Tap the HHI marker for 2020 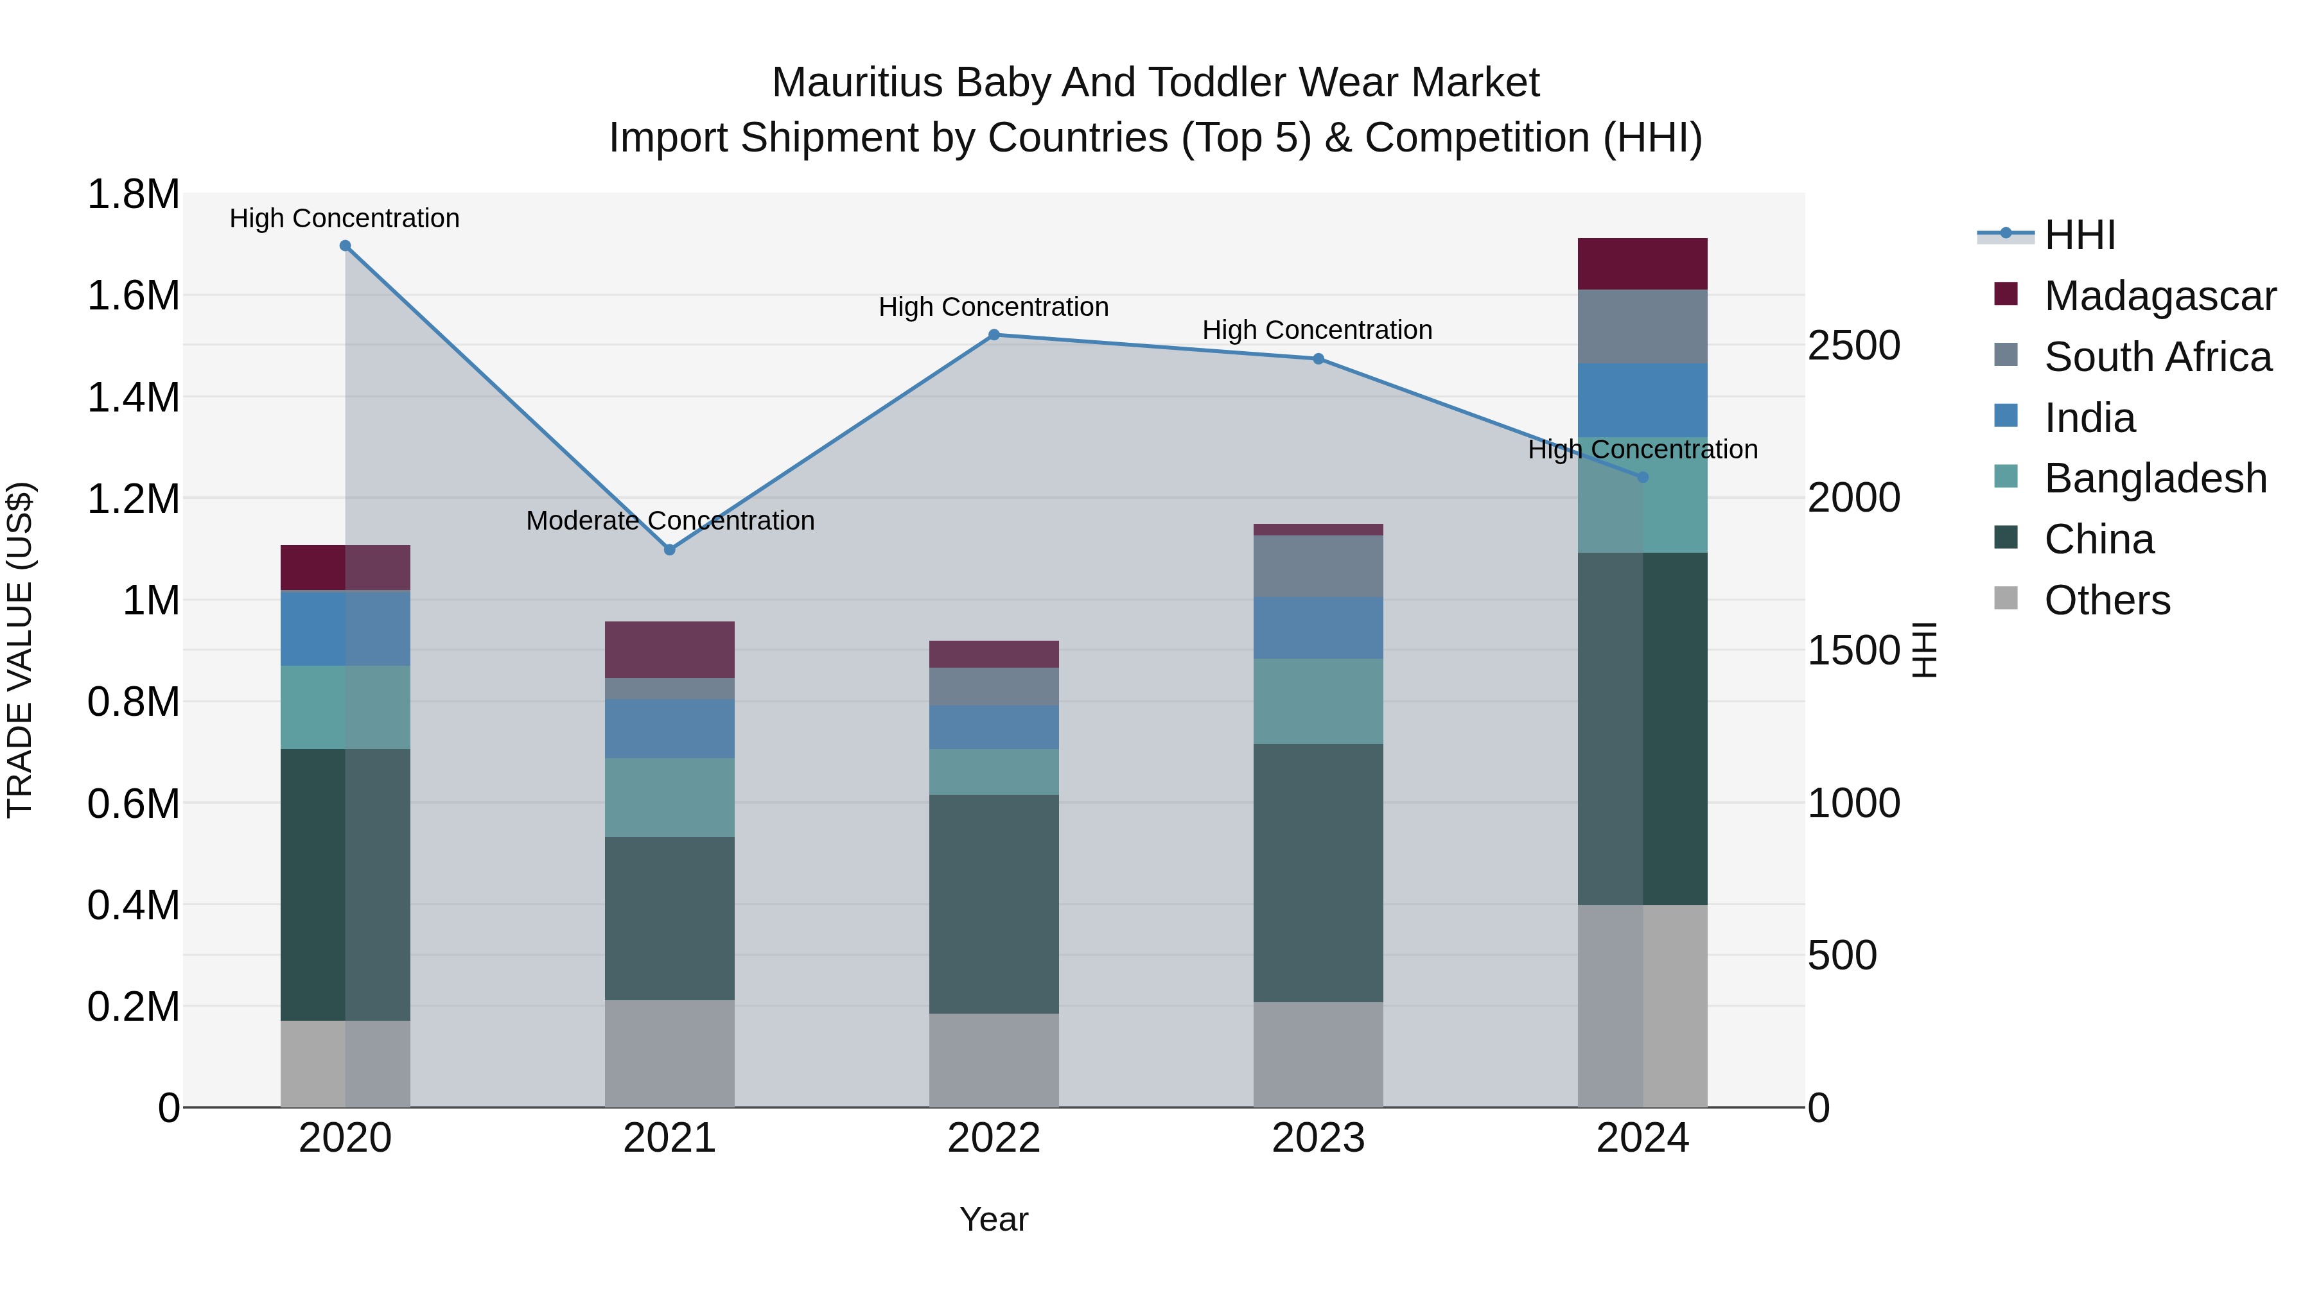pyautogui.click(x=346, y=246)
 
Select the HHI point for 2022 pyautogui.click(x=994, y=334)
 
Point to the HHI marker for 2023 pyautogui.click(x=1318, y=359)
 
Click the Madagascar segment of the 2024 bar pyautogui.click(x=1642, y=264)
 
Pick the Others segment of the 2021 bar pyautogui.click(x=670, y=1053)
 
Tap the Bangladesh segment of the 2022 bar pyautogui.click(x=994, y=772)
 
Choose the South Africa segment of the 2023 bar pyautogui.click(x=1318, y=566)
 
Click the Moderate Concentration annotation pyautogui.click(x=670, y=521)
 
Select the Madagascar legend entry pyautogui.click(x=2159, y=296)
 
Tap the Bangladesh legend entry pyautogui.click(x=2155, y=478)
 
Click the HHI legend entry pyautogui.click(x=2080, y=235)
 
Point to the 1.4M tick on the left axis pyautogui.click(x=134, y=397)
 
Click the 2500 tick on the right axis pyautogui.click(x=1853, y=346)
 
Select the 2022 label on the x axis pyautogui.click(x=994, y=1138)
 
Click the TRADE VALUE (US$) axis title pyautogui.click(x=21, y=650)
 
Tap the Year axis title pyautogui.click(x=994, y=1219)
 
